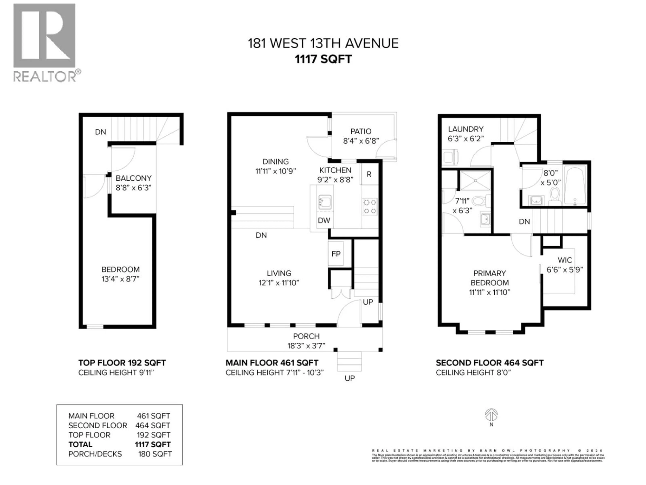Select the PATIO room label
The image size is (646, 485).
tap(361, 132)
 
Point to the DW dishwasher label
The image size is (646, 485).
tap(324, 220)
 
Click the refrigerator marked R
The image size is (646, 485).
tap(369, 174)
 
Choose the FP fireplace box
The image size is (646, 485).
tap(336, 254)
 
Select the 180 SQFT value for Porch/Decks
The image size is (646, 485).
tap(155, 454)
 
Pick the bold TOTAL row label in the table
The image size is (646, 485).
tap(80, 444)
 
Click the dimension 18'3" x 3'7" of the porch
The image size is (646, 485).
tap(306, 346)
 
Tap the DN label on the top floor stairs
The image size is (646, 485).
tap(100, 132)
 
